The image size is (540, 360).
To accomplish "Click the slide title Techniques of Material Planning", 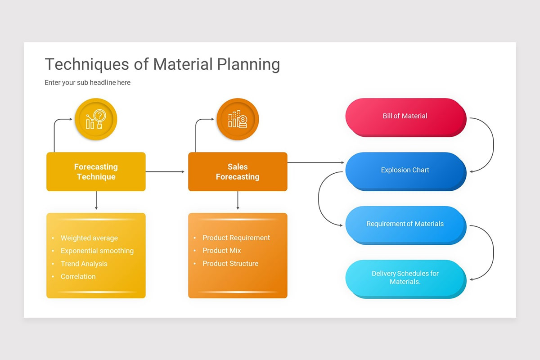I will (x=162, y=64).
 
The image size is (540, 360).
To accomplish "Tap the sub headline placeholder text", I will (x=87, y=83).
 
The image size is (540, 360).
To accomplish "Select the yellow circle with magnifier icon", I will (x=96, y=119).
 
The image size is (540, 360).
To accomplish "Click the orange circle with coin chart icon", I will (x=238, y=119).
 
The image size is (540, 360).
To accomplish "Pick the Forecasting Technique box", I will (x=96, y=171).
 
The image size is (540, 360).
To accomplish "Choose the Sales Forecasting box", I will (x=238, y=171).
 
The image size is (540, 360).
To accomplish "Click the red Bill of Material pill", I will (x=405, y=116).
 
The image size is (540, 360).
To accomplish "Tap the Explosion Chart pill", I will (x=405, y=170).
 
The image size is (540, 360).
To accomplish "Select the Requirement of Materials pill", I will (x=405, y=224).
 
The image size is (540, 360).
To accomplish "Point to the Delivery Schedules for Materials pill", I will (x=405, y=278).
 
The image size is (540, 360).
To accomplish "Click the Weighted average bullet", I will (x=89, y=238).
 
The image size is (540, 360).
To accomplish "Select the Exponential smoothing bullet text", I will (x=97, y=251).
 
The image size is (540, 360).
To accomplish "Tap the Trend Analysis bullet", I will (x=84, y=264).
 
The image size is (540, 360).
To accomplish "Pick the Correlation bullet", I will (x=78, y=277).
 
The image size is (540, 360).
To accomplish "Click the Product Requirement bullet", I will (x=236, y=238).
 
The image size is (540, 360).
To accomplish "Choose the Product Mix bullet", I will (x=222, y=251).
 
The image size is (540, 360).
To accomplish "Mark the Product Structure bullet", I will (x=230, y=264).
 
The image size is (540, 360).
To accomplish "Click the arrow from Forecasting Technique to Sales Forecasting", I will (x=165, y=171).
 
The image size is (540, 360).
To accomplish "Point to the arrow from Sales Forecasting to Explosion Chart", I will (x=315, y=162).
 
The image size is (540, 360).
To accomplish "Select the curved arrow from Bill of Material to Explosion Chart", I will (x=493, y=144).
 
